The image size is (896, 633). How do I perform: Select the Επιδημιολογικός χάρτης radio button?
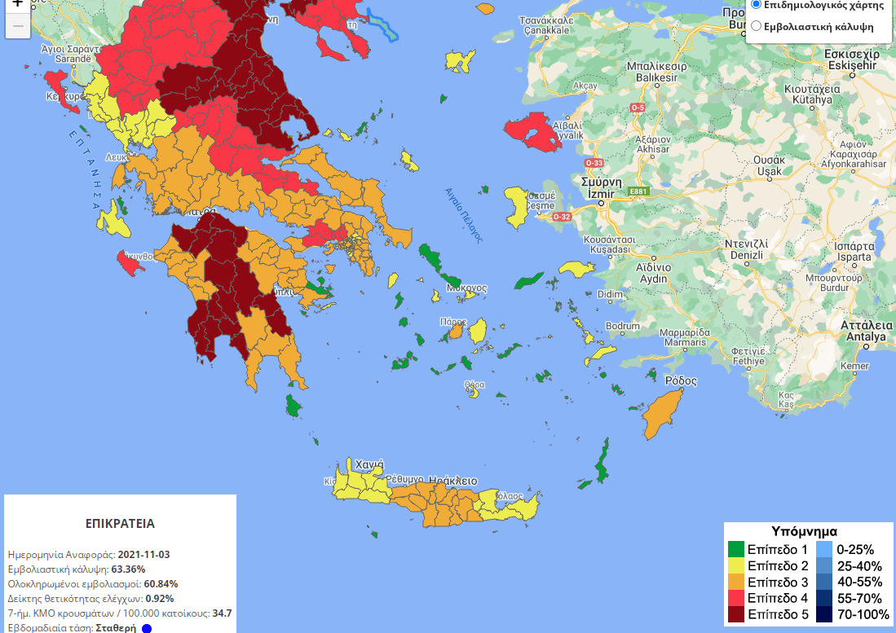(756, 4)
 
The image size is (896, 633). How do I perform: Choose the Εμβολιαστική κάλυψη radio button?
(756, 26)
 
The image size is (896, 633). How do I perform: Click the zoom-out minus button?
(18, 26)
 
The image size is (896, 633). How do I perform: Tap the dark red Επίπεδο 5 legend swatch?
(736, 614)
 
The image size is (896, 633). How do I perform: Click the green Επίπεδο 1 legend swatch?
(736, 549)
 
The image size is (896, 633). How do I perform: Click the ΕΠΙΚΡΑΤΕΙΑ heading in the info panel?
(120, 524)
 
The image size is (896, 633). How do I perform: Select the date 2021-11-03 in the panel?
(143, 555)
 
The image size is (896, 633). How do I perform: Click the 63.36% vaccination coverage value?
(128, 569)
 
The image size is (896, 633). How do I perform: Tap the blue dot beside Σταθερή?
(147, 628)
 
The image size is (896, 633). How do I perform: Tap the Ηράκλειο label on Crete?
(453, 481)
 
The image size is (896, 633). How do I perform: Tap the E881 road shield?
(638, 191)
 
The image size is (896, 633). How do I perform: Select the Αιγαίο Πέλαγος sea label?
(463, 215)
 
